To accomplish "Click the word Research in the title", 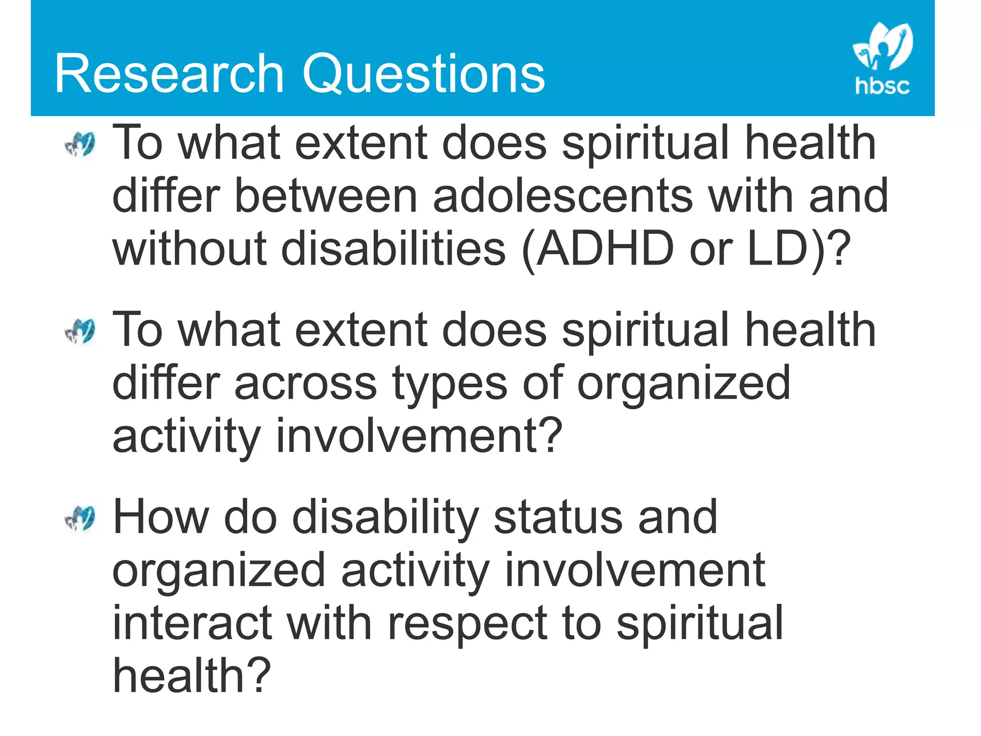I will tap(170, 74).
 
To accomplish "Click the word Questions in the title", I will tap(424, 74).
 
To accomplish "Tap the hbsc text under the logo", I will tap(882, 86).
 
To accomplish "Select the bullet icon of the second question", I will tap(80, 332).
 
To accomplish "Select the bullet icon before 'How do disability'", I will tap(80, 519).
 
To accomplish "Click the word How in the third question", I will tap(160, 517).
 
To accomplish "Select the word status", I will tap(558, 517).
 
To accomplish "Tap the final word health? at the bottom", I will tap(192, 676).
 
